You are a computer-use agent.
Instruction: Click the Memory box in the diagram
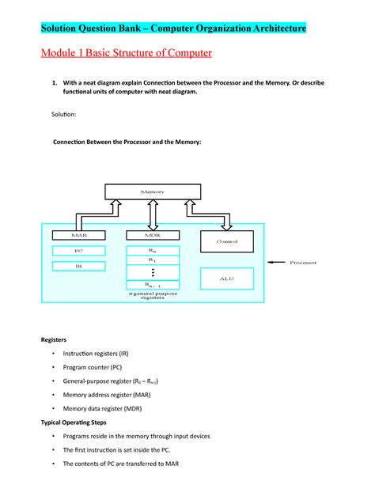tap(153, 192)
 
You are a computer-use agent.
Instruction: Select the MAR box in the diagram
tap(78, 236)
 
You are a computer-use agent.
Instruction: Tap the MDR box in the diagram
tap(153, 236)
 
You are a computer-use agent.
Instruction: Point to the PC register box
tap(78, 251)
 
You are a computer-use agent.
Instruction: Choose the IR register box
tap(78, 267)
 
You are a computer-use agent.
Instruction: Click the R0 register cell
tap(153, 251)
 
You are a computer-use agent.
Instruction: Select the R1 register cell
tap(153, 260)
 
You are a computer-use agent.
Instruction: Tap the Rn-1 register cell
tap(153, 286)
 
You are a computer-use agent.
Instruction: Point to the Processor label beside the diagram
tap(303, 263)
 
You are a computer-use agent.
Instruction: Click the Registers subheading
tap(55, 339)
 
